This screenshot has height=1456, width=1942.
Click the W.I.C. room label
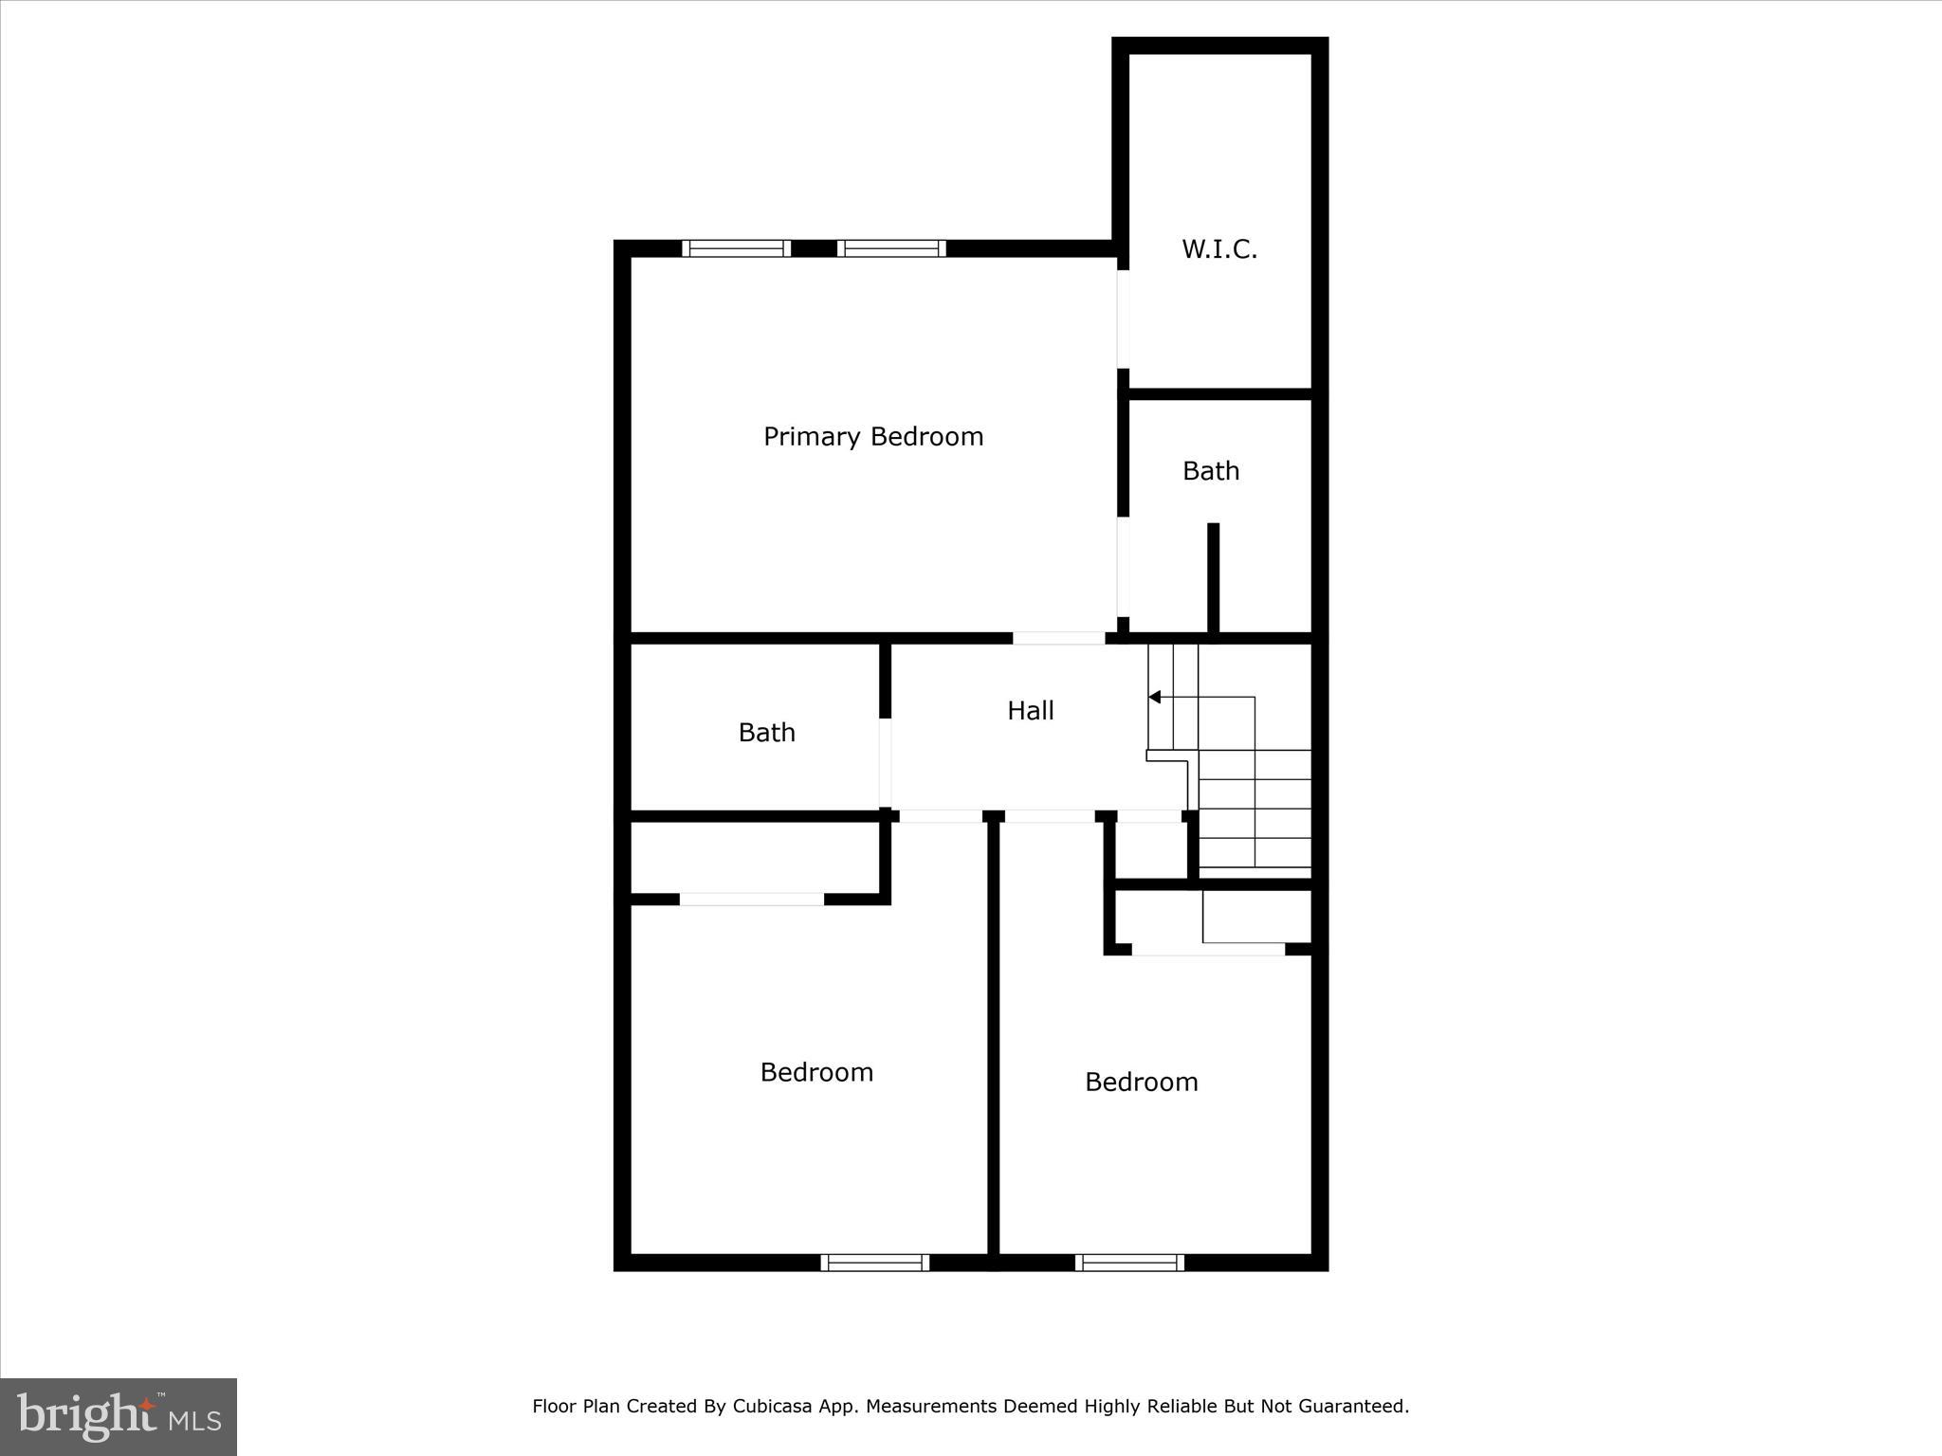coord(1219,249)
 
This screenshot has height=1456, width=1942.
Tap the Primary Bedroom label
coord(873,436)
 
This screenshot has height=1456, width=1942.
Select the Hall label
coord(1030,710)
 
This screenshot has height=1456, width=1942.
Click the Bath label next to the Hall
coord(766,732)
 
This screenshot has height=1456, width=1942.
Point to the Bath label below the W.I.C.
coord(1211,470)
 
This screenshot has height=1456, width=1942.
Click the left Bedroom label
coord(816,1072)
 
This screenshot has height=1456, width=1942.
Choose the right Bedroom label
coord(1141,1082)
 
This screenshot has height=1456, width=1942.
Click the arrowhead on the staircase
coord(1154,697)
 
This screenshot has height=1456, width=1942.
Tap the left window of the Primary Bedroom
coord(736,248)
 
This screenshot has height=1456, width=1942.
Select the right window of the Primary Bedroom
coord(891,248)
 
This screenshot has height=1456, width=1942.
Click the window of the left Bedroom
coord(874,1262)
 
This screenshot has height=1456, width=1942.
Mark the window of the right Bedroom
coord(1129,1262)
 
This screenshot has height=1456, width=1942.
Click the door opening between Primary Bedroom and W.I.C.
coord(1123,318)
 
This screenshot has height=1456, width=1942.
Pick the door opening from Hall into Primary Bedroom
coord(1058,638)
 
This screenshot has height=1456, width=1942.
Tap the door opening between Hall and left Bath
coord(885,762)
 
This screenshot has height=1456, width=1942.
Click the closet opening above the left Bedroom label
coord(752,899)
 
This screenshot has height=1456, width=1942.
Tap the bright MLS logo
coord(119,1416)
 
